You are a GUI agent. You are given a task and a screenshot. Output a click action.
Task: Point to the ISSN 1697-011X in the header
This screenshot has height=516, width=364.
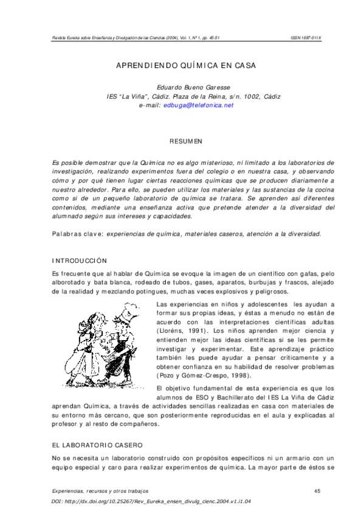tap(306, 38)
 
